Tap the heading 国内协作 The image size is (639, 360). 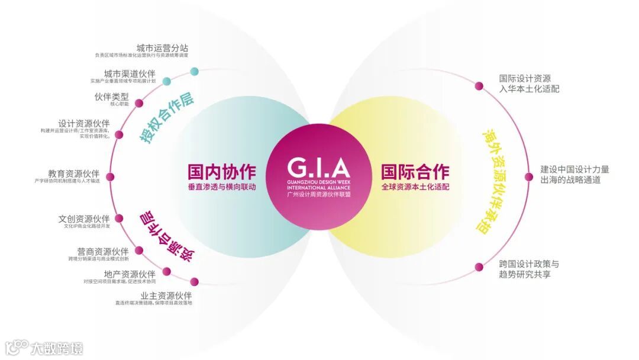coord(222,172)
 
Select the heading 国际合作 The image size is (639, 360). coord(415,172)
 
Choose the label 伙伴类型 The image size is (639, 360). coord(111,97)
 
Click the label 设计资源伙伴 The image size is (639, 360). coord(84,123)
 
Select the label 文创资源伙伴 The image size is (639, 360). coord(84,218)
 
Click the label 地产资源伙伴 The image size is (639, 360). coord(130,274)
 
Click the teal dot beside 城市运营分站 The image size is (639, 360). coord(195,72)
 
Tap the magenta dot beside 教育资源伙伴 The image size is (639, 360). coord(110,176)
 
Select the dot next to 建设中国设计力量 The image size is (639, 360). coord(529,176)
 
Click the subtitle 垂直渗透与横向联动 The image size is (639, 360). coord(222,187)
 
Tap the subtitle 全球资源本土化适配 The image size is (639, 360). coord(415,187)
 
